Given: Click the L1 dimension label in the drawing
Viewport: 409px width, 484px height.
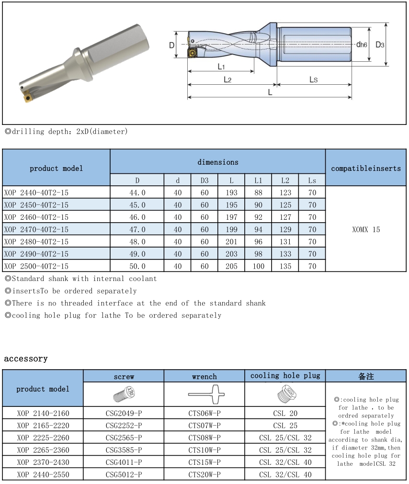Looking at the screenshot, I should click(x=221, y=66).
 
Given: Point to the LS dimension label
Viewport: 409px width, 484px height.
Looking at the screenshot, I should click(x=313, y=79).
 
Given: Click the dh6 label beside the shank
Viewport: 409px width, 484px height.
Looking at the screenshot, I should click(x=362, y=45).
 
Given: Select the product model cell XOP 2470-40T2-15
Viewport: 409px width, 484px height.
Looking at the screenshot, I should click(x=36, y=229).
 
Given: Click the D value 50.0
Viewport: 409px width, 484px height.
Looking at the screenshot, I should click(x=137, y=266).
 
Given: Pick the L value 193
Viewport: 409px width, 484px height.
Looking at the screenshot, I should click(x=231, y=192).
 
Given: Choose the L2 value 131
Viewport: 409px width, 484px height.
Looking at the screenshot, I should click(x=285, y=242).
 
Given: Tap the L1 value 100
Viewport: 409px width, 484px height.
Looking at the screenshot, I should click(x=258, y=266).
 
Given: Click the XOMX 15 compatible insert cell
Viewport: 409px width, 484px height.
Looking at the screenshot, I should click(x=366, y=229).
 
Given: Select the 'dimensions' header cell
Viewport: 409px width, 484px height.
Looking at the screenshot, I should click(x=218, y=162).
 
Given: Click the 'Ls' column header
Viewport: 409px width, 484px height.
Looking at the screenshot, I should click(x=312, y=180).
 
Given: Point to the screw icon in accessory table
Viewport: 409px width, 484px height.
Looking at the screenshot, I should click(x=124, y=394).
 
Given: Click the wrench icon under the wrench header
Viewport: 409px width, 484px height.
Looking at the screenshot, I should click(x=204, y=394).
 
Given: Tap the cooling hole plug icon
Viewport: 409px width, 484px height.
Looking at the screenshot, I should click(x=285, y=394).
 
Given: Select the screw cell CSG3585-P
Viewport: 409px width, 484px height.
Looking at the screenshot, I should click(x=124, y=450).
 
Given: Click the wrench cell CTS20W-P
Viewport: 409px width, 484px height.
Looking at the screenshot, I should click(x=204, y=474).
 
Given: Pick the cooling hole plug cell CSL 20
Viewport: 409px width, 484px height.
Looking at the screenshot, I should click(x=285, y=413).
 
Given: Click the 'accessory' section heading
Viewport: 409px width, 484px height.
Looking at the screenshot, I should click(x=26, y=359).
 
